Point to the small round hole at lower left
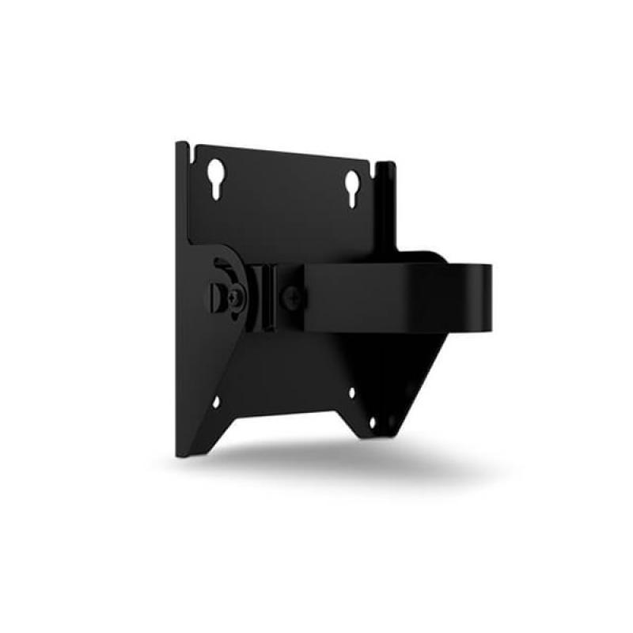click(215, 401)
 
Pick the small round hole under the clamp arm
click(352, 391)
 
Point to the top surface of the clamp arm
click(411, 259)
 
